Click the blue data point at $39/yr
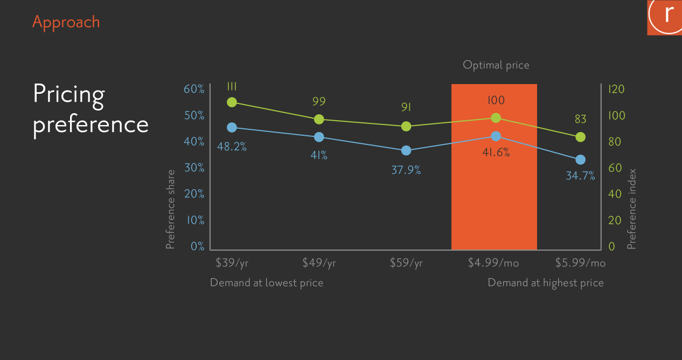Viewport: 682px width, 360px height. (232, 127)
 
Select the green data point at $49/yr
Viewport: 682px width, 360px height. (319, 120)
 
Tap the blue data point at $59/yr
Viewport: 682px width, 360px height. (406, 150)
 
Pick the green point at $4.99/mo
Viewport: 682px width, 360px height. (496, 118)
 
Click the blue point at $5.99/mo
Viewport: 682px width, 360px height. (580, 160)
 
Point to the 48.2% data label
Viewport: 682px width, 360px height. (232, 147)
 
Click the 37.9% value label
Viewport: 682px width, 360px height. (406, 170)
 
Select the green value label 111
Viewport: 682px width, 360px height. (232, 87)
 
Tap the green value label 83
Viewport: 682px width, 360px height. (580, 119)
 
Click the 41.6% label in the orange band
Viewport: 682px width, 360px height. (496, 153)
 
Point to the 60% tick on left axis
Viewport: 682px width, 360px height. (194, 89)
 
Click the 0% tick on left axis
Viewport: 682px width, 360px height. (197, 246)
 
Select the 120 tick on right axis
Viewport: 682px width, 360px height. (616, 89)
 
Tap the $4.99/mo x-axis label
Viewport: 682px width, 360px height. (493, 262)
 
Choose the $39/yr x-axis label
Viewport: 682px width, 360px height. (232, 263)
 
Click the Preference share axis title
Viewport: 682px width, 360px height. (170, 209)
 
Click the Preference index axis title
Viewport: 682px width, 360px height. (632, 209)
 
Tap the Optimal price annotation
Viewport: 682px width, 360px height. (496, 65)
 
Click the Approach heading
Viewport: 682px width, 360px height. (66, 22)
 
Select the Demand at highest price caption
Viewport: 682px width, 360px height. (546, 283)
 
